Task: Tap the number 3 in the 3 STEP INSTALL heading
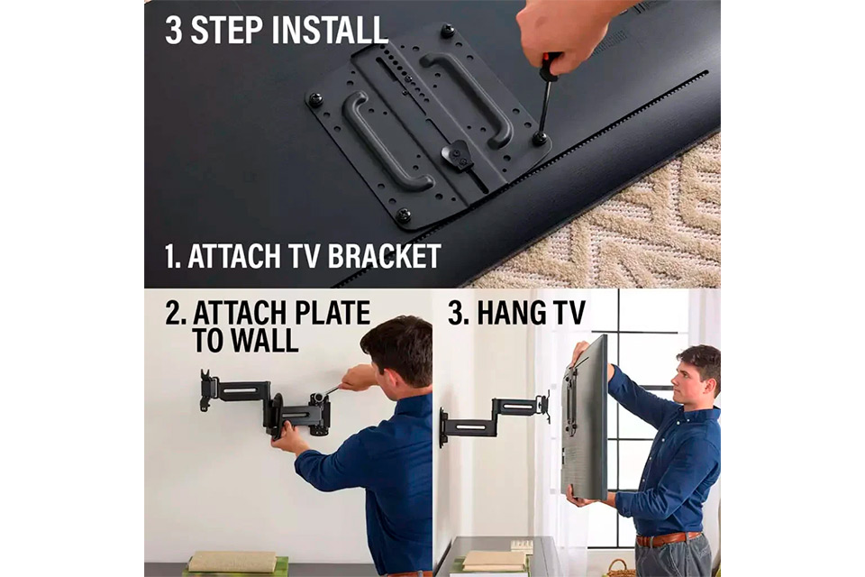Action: pyautogui.click(x=173, y=30)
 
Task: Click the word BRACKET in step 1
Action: pyautogui.click(x=385, y=256)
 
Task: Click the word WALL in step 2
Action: pyautogui.click(x=265, y=340)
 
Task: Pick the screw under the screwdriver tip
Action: pyautogui.click(x=539, y=137)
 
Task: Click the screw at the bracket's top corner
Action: pyautogui.click(x=448, y=31)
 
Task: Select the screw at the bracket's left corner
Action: pyautogui.click(x=315, y=99)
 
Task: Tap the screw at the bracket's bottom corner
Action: pyautogui.click(x=404, y=215)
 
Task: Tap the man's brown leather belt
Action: pyautogui.click(x=668, y=538)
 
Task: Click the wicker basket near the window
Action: pyautogui.click(x=621, y=568)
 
